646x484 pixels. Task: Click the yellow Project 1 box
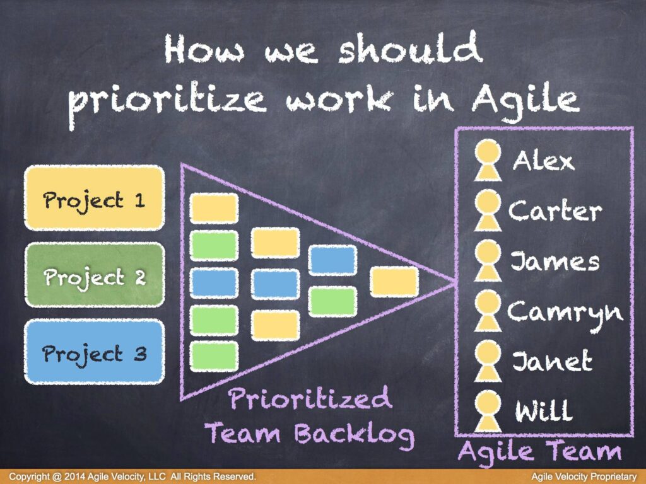[x=95, y=198]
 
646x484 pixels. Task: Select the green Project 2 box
[x=95, y=275]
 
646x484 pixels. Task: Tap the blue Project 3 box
[x=95, y=352]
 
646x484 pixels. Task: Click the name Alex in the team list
[x=543, y=160]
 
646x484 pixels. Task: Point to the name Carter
[x=555, y=210]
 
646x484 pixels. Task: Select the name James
[x=555, y=261]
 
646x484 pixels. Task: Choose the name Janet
[x=552, y=361]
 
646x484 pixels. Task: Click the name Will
[x=544, y=410]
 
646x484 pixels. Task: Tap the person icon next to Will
[x=488, y=411]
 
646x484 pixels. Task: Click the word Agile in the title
[x=526, y=101]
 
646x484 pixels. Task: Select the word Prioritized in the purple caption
[x=309, y=398]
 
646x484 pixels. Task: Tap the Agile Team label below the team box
[x=539, y=451]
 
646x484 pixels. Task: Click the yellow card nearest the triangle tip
[x=394, y=282]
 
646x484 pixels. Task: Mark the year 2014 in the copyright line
[x=74, y=476]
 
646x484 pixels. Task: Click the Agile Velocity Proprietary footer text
[x=584, y=476]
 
